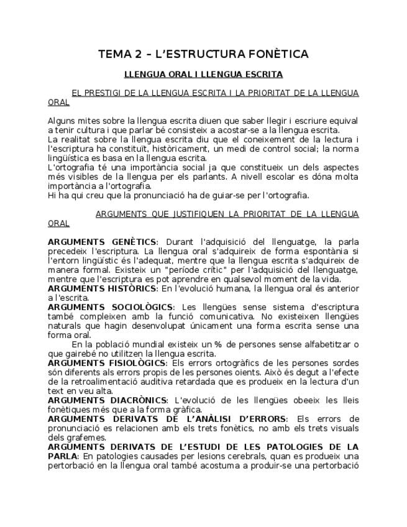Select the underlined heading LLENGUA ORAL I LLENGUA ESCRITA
(x=203, y=75)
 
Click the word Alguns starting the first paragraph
(x=61, y=121)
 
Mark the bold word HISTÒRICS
(x=132, y=288)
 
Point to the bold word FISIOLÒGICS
(x=138, y=363)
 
